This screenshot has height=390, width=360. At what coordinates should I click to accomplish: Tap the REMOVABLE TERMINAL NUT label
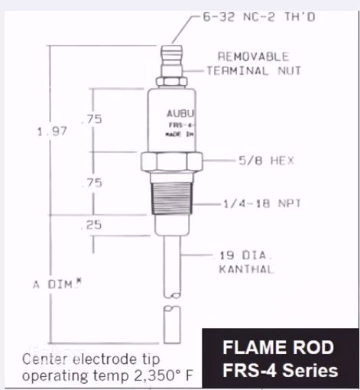click(x=253, y=63)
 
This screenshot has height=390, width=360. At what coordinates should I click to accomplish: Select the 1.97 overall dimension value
click(x=52, y=132)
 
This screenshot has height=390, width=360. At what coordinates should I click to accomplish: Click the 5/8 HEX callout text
click(x=265, y=161)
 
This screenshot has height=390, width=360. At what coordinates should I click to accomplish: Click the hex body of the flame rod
click(x=171, y=161)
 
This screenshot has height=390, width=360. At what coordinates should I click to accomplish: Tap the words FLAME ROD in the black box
click(x=277, y=348)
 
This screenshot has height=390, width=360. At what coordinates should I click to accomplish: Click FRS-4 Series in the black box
click(x=277, y=370)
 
